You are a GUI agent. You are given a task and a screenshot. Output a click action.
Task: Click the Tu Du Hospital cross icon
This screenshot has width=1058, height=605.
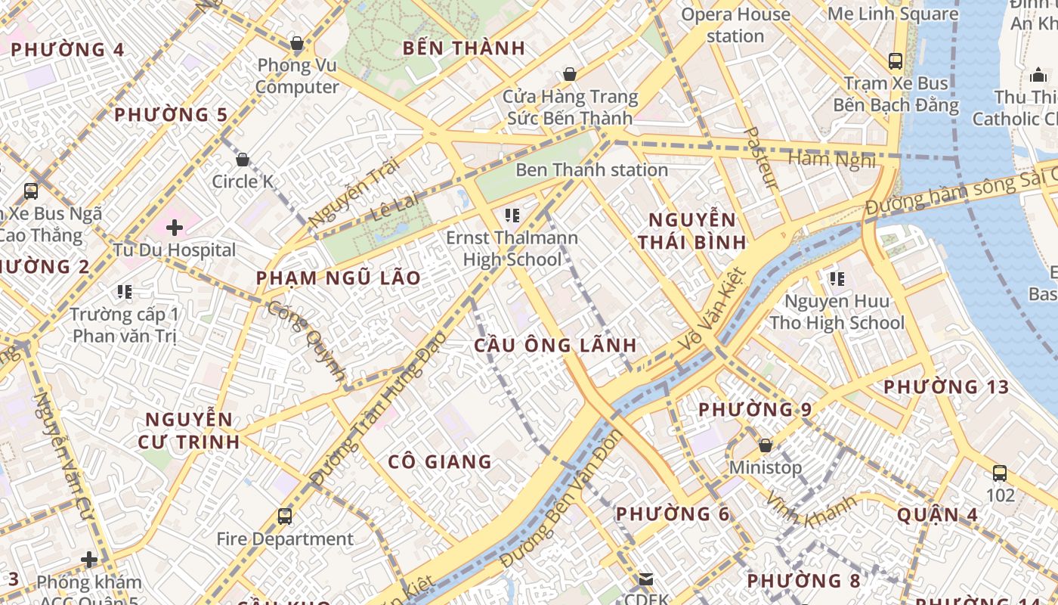coord(175,227)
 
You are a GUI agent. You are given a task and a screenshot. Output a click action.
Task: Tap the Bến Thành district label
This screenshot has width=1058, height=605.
coord(463,48)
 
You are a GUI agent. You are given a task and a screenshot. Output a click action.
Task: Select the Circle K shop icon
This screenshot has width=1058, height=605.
coord(243,160)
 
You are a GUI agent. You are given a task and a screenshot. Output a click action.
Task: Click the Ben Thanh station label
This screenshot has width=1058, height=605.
coord(591,170)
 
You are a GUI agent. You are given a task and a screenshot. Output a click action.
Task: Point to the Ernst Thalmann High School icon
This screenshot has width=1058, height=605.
coord(512,216)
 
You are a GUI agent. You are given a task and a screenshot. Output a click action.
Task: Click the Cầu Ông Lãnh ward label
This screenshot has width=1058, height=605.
coord(555,346)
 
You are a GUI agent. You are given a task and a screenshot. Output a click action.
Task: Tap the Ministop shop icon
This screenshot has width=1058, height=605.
coord(765,445)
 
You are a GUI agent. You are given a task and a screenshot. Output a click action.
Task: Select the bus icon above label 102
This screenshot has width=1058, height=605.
coord(999,473)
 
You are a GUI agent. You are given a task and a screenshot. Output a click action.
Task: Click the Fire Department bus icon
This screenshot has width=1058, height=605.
coord(285,517)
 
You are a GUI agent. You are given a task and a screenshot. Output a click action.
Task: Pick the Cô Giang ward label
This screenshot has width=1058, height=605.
coord(439,461)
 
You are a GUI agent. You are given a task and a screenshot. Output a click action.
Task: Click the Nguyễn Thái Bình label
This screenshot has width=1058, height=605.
coord(691,231)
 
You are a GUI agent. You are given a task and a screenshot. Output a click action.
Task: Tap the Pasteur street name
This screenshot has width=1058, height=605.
coord(761,158)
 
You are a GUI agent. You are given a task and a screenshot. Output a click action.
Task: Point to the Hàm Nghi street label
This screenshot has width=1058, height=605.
coord(831,159)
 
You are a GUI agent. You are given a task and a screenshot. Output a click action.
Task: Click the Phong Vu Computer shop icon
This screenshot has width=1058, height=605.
coord(297,44)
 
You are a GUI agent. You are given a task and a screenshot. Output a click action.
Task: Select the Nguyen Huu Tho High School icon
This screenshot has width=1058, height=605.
coord(837,279)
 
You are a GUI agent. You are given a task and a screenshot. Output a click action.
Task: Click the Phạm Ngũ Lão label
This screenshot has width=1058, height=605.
coord(338,278)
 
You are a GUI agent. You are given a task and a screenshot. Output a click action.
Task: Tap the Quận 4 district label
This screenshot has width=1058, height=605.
coord(937,515)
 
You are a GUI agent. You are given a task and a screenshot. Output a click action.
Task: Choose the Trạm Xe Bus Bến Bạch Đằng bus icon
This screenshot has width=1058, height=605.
coord(896,60)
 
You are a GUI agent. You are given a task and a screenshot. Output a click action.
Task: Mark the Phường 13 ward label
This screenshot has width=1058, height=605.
coord(946,387)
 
